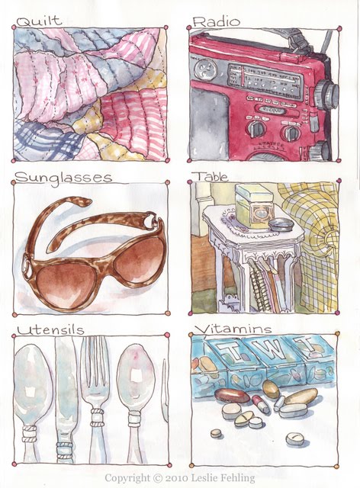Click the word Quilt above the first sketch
[x=39, y=21]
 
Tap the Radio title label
[x=217, y=21]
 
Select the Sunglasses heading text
[x=63, y=178]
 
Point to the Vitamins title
[x=233, y=329]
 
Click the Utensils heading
[x=50, y=330]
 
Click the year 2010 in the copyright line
[x=177, y=478]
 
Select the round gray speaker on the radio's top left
[x=205, y=69]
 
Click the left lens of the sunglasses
[x=66, y=284]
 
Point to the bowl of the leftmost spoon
[x=33, y=383]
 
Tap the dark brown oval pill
[x=232, y=396]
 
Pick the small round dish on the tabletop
[x=281, y=224]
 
